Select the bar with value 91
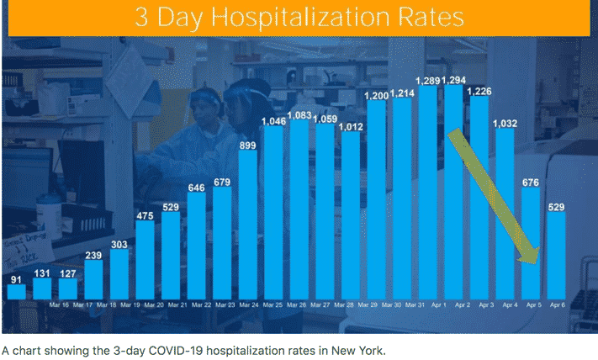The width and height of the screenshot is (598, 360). [16, 291]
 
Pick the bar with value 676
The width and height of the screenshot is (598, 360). [531, 244]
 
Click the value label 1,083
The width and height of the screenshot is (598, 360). [299, 115]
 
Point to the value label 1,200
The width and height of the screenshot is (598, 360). [377, 96]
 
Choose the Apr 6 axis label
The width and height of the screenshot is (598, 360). [557, 305]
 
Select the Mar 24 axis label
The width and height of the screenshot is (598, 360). [248, 305]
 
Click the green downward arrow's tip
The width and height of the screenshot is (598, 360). [533, 262]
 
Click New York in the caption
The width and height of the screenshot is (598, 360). [357, 348]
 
